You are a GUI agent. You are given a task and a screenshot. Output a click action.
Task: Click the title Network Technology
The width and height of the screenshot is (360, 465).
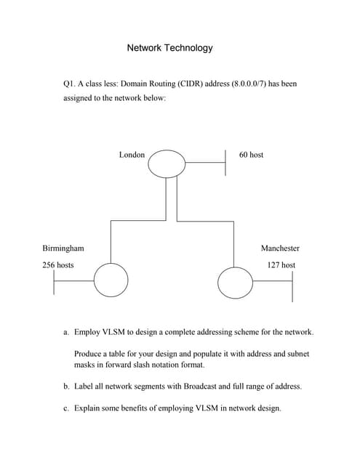[x=170, y=48]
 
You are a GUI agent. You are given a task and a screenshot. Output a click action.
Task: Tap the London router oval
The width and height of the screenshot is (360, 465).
[x=167, y=163]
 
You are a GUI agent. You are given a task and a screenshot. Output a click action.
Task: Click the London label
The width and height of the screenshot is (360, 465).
[x=132, y=155]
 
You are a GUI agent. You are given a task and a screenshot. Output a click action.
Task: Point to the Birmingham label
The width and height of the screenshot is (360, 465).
[x=63, y=248]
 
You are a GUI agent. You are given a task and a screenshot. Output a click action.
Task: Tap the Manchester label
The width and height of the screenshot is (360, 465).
[x=280, y=248]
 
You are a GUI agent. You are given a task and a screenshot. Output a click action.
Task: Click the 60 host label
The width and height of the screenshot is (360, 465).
[x=251, y=155]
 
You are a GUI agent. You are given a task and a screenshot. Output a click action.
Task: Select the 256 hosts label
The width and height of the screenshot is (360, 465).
[x=57, y=265]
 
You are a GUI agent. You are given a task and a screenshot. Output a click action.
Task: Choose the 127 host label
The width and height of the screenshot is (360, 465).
[x=281, y=265]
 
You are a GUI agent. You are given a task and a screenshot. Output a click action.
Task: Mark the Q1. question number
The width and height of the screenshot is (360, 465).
[x=71, y=84]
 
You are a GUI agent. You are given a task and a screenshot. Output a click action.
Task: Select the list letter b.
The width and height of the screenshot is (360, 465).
[x=66, y=387]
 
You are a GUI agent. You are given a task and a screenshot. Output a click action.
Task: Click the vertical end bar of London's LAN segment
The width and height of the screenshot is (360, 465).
[x=226, y=163]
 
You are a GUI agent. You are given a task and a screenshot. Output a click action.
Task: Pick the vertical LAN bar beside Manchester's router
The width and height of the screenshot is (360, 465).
[x=292, y=285]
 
